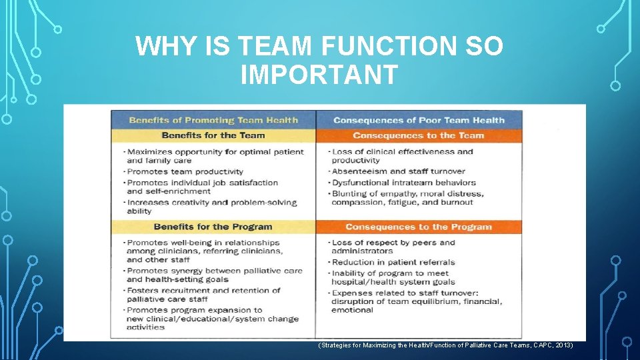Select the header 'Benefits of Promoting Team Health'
point(213,121)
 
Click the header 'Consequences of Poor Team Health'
point(419,121)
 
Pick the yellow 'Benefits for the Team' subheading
point(213,135)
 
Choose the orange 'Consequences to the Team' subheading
point(419,135)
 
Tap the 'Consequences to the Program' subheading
point(418,227)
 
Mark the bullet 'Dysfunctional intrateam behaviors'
point(404,183)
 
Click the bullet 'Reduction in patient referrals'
point(393,262)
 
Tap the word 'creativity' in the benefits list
point(185,203)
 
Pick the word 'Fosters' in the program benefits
point(143,290)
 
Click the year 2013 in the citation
point(561,346)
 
